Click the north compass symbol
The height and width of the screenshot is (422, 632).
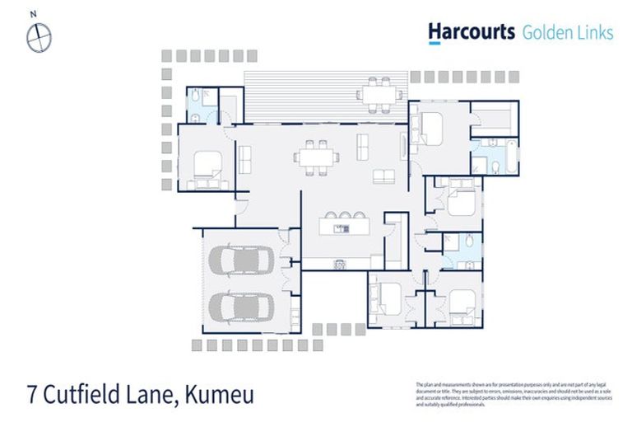[39, 37]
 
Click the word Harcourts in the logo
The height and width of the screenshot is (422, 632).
[471, 32]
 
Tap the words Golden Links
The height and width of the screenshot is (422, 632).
[567, 33]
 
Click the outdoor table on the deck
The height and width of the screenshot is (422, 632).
[379, 92]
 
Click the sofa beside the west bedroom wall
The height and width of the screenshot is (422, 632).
[244, 158]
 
